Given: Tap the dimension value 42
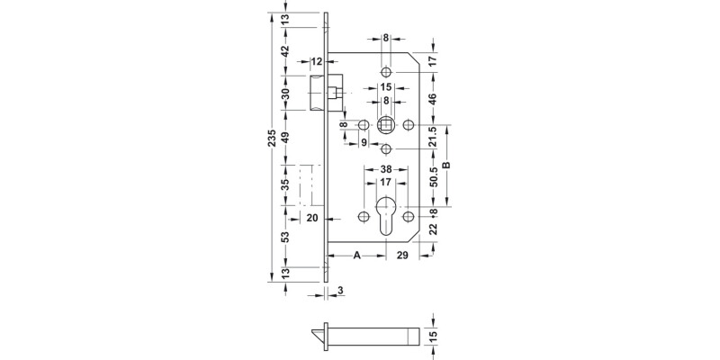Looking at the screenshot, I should [286, 52].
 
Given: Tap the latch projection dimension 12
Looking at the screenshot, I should [317, 61].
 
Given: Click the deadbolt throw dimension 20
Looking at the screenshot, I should [313, 218].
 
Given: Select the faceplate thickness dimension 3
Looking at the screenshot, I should [341, 291].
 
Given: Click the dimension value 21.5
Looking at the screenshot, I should [433, 138].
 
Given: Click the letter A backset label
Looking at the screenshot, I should [357, 256].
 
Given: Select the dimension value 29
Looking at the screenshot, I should [401, 256].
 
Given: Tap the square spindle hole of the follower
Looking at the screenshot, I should [386, 124].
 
